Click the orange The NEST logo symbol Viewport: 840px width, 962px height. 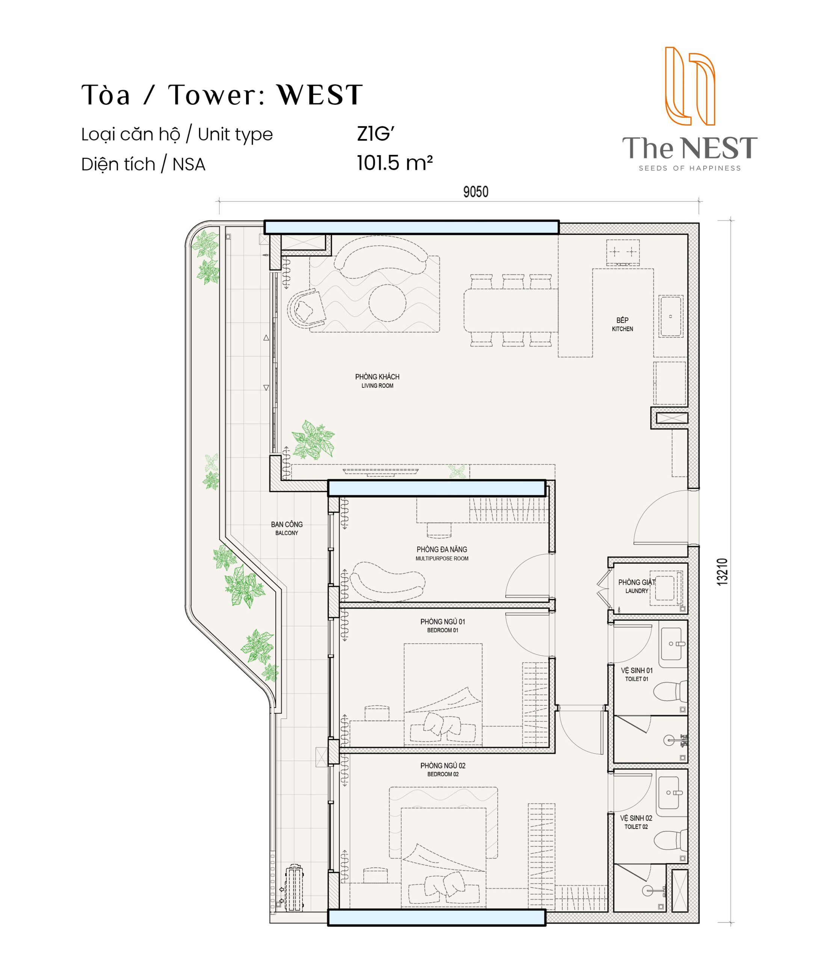690,86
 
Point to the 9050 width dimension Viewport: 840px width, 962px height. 475,192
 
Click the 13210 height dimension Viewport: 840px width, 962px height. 722,572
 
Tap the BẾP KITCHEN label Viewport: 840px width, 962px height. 622,324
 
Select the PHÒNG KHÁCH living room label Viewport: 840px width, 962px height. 377,381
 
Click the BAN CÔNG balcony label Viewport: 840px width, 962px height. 287,528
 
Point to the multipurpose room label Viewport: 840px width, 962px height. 442,553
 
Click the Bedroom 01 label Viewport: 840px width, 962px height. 443,625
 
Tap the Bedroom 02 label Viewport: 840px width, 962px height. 443,769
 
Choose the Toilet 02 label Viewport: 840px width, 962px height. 636,822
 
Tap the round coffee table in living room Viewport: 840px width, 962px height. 387,303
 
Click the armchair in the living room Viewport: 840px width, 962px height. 306,309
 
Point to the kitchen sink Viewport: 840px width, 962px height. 671,316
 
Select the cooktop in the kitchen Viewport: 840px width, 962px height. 623,252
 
